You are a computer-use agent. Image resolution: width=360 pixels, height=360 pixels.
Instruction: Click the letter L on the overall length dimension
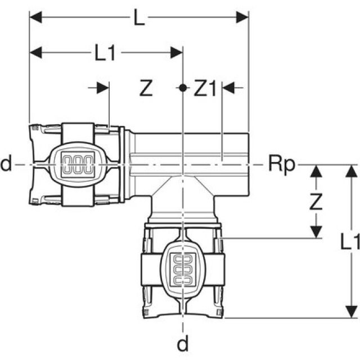139,19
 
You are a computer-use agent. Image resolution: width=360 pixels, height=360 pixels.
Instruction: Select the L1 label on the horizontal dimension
105,53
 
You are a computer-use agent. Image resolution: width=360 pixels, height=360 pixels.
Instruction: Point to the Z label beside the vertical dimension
316,201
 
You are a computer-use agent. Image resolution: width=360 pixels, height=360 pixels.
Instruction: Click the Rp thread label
279,165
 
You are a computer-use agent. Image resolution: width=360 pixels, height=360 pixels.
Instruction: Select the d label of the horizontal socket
6,165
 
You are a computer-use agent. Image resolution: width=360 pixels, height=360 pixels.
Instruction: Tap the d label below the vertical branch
182,341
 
